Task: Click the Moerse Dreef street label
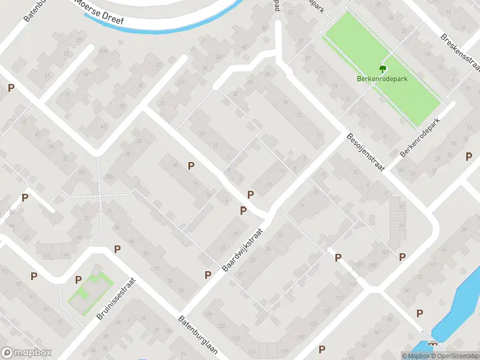tap(99, 13)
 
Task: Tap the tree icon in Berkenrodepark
tap(382, 70)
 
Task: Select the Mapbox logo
tap(26, 353)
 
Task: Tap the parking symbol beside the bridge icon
tap(419, 313)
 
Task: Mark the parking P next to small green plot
tap(79, 280)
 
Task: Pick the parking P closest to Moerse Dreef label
tap(11, 88)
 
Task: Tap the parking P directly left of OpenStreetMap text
tap(322, 349)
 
